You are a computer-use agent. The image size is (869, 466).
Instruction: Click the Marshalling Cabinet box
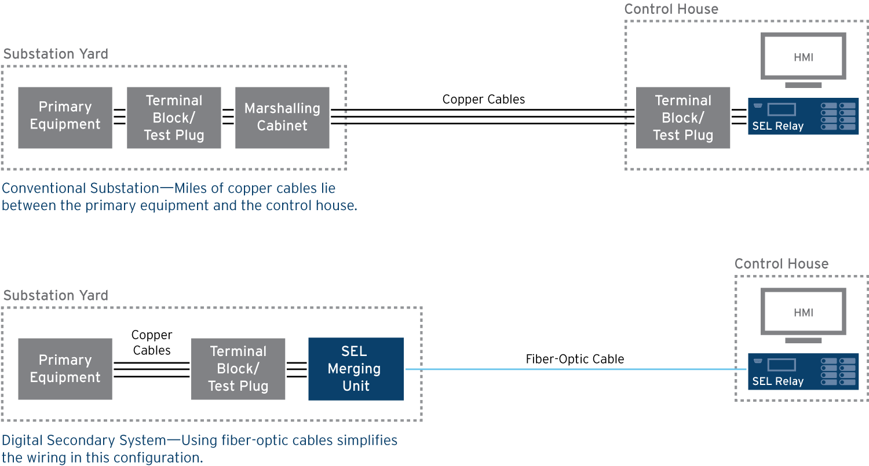click(282, 118)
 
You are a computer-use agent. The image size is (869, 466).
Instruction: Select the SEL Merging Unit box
click(356, 369)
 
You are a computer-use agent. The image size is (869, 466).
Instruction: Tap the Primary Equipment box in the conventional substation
click(65, 118)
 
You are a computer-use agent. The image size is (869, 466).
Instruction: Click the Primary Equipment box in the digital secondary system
click(65, 369)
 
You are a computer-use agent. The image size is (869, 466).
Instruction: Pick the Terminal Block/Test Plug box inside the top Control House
click(682, 118)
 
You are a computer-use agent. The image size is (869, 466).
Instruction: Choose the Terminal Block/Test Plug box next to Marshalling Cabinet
click(174, 118)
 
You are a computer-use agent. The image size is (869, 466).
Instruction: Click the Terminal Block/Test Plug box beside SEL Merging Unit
click(238, 369)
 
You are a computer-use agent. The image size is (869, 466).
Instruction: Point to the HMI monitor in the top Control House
click(803, 58)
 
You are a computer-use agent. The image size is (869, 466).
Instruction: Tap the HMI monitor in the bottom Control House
click(803, 313)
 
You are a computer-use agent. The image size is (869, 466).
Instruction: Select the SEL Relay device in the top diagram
click(803, 116)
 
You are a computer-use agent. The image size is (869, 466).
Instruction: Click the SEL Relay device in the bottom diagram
click(803, 371)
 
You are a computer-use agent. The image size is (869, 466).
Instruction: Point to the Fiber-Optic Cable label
click(575, 359)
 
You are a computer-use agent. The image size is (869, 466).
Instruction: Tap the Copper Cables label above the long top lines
click(483, 100)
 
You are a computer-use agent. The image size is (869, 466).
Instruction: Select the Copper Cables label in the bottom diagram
click(152, 343)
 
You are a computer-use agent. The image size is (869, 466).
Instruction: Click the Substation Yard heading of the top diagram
click(56, 54)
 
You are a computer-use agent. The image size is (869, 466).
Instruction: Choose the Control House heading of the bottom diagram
click(781, 264)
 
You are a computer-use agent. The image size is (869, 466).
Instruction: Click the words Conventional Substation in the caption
click(81, 189)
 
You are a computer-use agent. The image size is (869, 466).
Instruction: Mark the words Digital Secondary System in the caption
click(85, 441)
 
